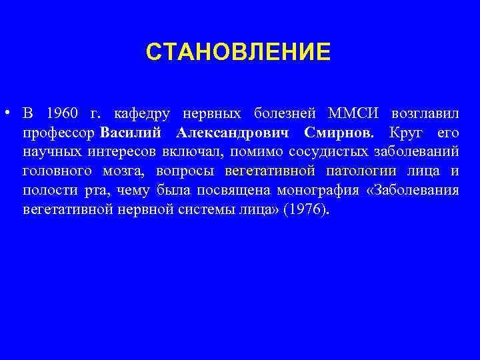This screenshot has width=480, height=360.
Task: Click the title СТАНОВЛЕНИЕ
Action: pos(238,52)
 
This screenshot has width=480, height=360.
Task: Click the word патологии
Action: pos(361,171)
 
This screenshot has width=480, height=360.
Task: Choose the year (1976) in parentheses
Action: pos(305,211)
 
